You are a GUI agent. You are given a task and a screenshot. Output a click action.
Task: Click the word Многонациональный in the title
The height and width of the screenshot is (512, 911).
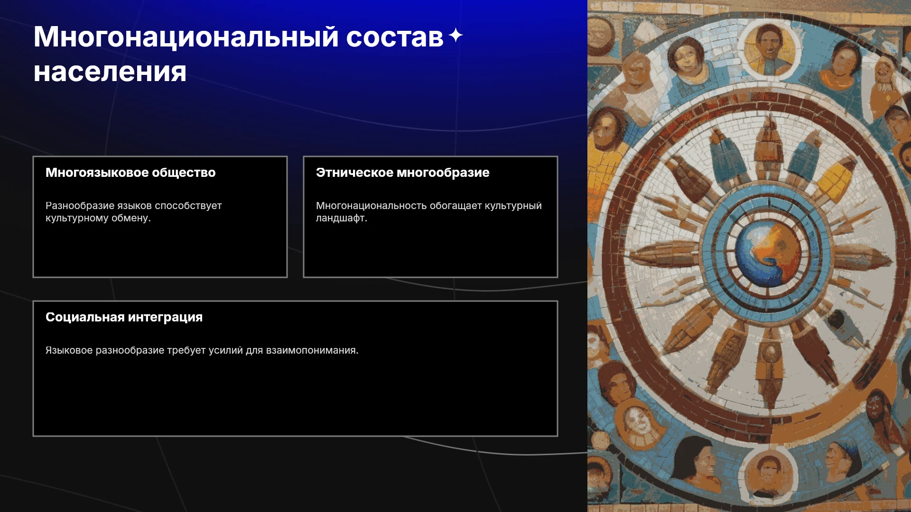186,37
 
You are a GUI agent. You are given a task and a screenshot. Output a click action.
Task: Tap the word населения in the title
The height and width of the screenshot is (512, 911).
110,72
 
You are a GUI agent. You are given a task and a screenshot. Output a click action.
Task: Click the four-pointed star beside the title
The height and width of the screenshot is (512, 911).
455,35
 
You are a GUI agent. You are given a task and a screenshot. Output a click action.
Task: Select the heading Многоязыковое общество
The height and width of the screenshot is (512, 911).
130,173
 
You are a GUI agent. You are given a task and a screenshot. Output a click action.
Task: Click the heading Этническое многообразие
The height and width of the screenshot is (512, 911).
402,173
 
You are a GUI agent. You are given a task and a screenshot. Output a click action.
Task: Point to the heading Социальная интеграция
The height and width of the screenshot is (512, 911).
124,317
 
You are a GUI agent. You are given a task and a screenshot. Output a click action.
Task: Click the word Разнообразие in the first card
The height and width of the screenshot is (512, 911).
79,206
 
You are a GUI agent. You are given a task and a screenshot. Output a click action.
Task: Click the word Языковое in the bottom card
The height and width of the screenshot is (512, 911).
69,350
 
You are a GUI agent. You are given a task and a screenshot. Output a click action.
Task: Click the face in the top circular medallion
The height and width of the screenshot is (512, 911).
770,47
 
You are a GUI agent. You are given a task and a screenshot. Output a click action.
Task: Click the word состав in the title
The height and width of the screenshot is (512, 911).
395,37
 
